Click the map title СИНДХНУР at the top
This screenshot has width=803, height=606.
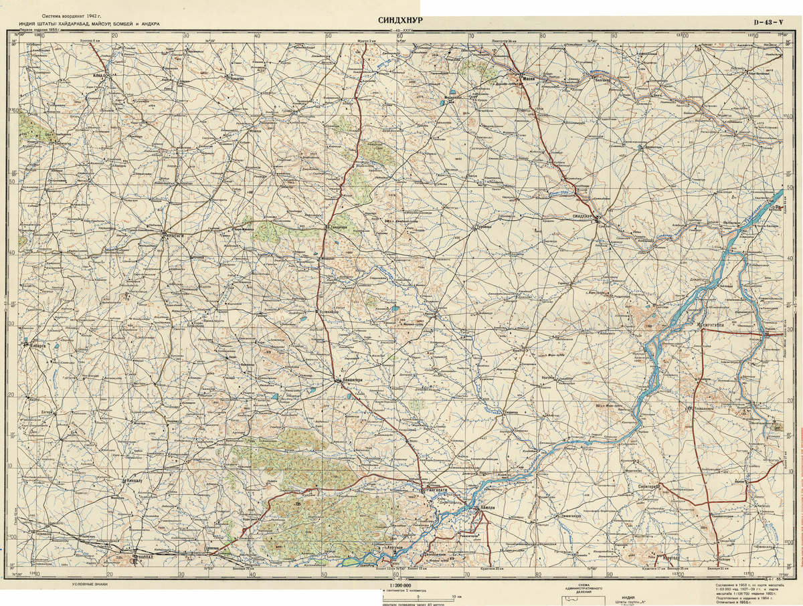tap(400, 20)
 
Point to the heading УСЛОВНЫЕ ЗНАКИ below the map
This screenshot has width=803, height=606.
tap(91, 584)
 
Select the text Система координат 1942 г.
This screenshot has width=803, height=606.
tap(74, 14)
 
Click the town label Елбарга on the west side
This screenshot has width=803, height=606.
tap(37, 346)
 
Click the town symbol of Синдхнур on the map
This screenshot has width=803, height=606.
tap(598, 217)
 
